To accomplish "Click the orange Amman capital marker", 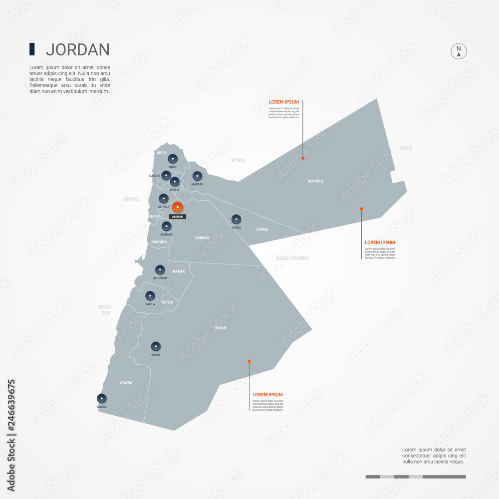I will [177, 207].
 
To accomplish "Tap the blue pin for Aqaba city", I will [102, 398].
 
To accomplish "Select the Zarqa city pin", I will [236, 219].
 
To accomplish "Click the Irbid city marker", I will [173, 159].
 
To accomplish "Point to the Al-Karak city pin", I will [160, 269].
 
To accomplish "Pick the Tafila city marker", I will [150, 296].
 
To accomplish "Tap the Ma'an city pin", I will [156, 346].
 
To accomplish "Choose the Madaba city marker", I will [167, 226].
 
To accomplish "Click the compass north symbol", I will [459, 52].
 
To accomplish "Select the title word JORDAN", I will [77, 49].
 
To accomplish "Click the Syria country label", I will [238, 160].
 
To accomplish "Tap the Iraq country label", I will [406, 148].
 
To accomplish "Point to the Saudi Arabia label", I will [292, 258].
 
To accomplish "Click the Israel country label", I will [132, 199].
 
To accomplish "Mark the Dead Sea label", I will [105, 309].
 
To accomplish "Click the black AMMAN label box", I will [178, 217].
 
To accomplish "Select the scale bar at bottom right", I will [415, 477].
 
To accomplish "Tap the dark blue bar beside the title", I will [32, 49].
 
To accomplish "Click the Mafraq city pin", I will [197, 176].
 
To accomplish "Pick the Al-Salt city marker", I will [163, 199].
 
